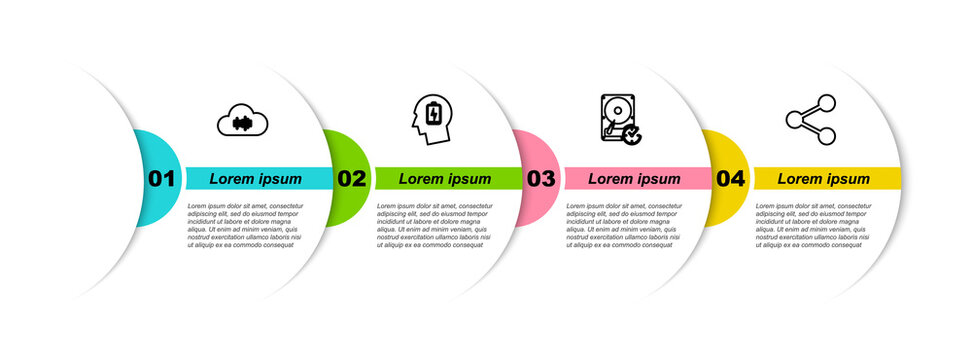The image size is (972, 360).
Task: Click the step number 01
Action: pos(161,179)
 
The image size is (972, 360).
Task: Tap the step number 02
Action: pos(351,179)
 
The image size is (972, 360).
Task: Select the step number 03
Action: pos(540,179)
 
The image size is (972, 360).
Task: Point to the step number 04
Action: pos(730,179)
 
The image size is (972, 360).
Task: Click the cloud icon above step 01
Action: pos(243,121)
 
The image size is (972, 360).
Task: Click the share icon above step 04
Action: pos(811,120)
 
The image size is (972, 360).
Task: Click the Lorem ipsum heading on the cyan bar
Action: pos(255,179)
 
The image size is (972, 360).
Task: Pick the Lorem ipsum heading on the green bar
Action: pos(445,179)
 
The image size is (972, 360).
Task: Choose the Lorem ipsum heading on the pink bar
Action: pos(634,179)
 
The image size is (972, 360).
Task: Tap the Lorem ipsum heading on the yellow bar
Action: pos(824,179)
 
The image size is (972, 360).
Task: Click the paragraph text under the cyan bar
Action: pos(245,225)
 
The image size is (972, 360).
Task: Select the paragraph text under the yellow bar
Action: pos(814,225)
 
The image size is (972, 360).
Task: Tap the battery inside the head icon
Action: pos(433,113)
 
